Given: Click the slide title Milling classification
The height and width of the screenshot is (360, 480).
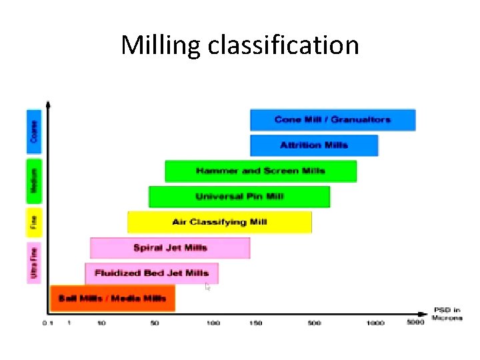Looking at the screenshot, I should coord(240,45).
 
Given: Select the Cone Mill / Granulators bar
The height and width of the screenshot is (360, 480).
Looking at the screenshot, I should coord(333,120).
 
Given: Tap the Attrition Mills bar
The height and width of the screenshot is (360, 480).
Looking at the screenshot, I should coord(314,145).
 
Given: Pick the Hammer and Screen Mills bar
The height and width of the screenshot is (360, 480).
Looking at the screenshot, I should coord(261,171).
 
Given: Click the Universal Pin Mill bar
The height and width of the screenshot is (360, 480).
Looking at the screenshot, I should coord(239,197).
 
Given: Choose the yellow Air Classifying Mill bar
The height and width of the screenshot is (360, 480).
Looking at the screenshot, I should coord(219,222).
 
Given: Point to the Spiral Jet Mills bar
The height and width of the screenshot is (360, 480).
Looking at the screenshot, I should coord(170,248).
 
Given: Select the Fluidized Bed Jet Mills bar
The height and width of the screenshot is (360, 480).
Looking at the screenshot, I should coord(151,273).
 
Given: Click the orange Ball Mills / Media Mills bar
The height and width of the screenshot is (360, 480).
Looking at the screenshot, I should coord(112,298).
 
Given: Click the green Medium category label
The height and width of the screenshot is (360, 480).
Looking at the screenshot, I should coord(34,181).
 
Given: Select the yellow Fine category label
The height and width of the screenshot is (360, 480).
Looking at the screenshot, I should coord(34,223).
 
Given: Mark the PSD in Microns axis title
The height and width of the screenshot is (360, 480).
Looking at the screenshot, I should coord(447,314).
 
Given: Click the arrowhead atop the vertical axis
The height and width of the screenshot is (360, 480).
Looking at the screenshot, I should coord(48,104).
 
